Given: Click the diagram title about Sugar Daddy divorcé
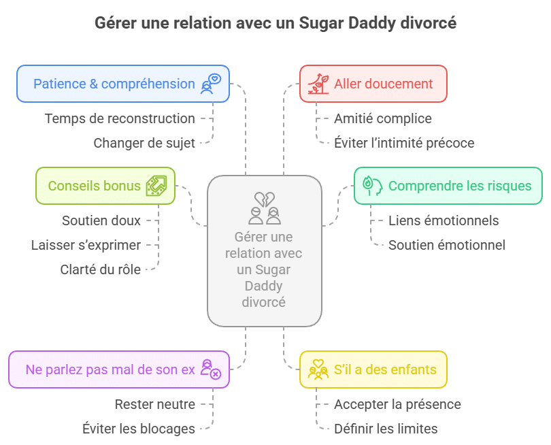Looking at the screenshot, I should coord(275,23).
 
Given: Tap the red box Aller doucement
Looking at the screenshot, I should coord(373,84).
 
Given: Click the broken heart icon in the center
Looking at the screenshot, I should coord(264,200).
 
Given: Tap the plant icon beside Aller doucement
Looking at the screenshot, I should coord(318,84).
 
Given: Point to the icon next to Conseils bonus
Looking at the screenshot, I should coord(156,186).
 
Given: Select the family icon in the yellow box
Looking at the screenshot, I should coord(318,369).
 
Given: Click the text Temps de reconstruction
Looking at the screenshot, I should coord(120,118).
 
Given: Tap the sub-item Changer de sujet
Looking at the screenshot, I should coord(144,143).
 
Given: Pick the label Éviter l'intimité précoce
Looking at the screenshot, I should coord(404,143).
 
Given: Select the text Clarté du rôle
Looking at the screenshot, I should coord(101,269).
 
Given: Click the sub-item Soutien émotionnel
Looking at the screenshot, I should coord(446,245).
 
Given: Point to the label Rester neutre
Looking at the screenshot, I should coord(154,404).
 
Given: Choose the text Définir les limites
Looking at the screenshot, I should coord(386,429).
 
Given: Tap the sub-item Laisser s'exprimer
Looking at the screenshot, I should coord(86,245).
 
